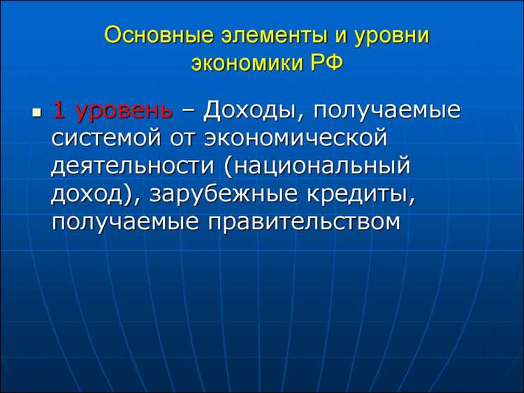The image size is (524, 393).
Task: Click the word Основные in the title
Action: click(x=146, y=35)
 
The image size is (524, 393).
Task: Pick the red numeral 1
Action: click(x=59, y=110)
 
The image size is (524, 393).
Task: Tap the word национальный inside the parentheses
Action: click(x=322, y=167)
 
